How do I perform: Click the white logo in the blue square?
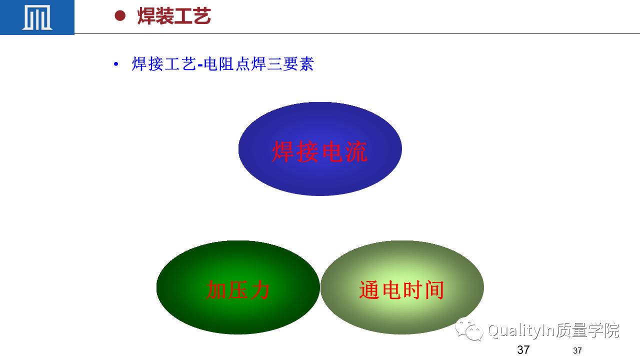click(x=37, y=17)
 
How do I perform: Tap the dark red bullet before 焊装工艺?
click(x=120, y=15)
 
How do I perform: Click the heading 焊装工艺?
click(x=174, y=16)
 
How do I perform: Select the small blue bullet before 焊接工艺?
click(x=116, y=64)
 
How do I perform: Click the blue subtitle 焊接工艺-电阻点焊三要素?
click(x=223, y=63)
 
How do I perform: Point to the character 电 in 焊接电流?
click(x=332, y=151)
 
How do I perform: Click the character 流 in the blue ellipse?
click(x=356, y=151)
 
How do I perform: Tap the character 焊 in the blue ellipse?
click(x=283, y=151)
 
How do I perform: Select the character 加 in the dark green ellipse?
click(x=216, y=289)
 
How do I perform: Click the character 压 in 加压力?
click(x=238, y=289)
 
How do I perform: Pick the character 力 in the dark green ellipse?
click(x=259, y=289)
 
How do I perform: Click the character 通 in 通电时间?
click(x=369, y=290)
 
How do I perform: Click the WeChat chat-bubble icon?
click(x=469, y=329)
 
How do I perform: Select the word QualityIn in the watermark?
click(x=521, y=331)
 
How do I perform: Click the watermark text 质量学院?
click(x=587, y=330)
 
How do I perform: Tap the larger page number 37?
click(x=523, y=350)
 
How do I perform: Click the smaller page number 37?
click(x=577, y=350)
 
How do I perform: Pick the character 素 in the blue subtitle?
click(x=306, y=63)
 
